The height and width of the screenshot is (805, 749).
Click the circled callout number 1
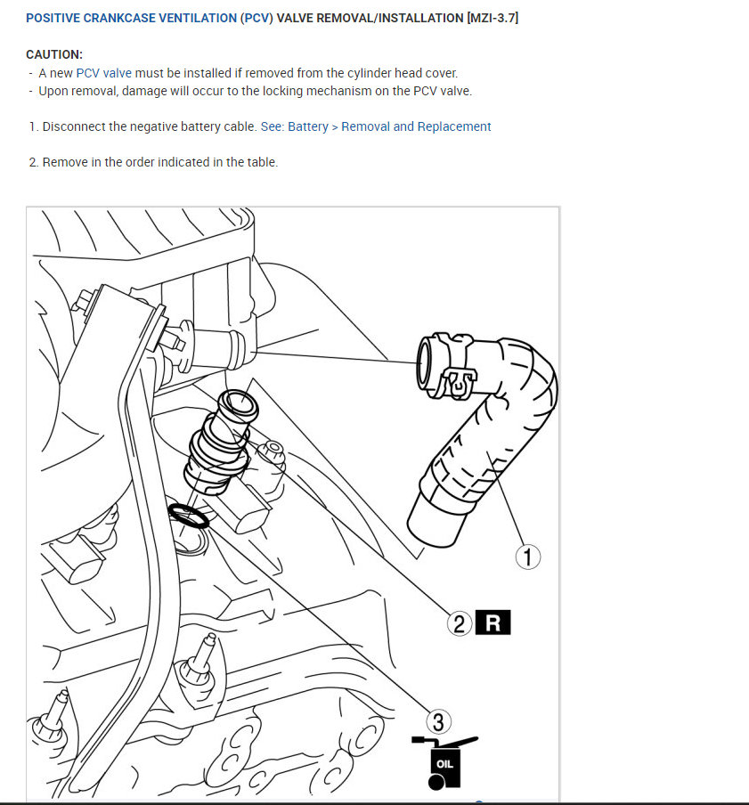click(x=529, y=557)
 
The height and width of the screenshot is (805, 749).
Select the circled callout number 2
click(x=460, y=623)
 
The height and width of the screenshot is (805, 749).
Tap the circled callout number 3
click(x=437, y=720)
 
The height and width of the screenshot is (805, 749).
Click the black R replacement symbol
click(x=493, y=623)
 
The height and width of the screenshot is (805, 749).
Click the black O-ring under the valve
click(x=188, y=515)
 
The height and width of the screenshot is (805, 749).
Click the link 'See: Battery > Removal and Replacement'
click(x=375, y=126)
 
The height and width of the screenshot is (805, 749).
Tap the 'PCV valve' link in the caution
click(x=104, y=73)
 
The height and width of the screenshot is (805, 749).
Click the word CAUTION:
click(x=54, y=54)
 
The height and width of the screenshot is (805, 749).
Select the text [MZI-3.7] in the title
click(x=492, y=18)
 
